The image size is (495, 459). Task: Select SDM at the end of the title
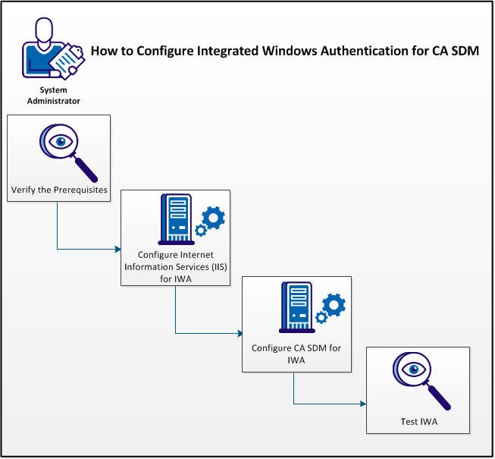point(466,51)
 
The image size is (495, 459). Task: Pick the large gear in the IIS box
point(215,218)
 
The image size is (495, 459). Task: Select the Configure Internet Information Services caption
point(175,266)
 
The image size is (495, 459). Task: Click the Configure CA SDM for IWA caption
point(296,354)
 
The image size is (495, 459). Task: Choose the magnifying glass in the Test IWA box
point(418,379)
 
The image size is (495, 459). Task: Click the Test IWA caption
point(419,422)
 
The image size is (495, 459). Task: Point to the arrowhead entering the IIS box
point(117,248)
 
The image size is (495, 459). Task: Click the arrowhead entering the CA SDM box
point(239,333)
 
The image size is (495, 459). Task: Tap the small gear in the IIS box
point(201,230)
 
